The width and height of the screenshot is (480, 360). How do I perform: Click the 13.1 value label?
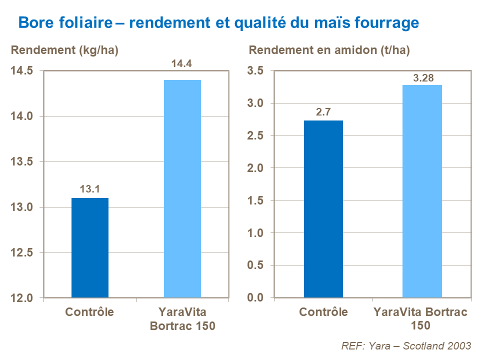(x=90, y=189)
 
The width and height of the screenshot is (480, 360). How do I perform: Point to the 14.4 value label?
(x=182, y=64)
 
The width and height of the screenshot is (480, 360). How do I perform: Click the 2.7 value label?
(x=323, y=111)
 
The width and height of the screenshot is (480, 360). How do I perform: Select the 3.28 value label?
(x=422, y=77)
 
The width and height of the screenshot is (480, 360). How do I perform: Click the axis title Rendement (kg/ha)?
(x=64, y=50)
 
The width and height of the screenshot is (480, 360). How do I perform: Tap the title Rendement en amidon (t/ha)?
(x=329, y=50)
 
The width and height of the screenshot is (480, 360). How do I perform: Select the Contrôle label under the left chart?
(x=90, y=312)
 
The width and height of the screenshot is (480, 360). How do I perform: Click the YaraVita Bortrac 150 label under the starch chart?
(x=420, y=318)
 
